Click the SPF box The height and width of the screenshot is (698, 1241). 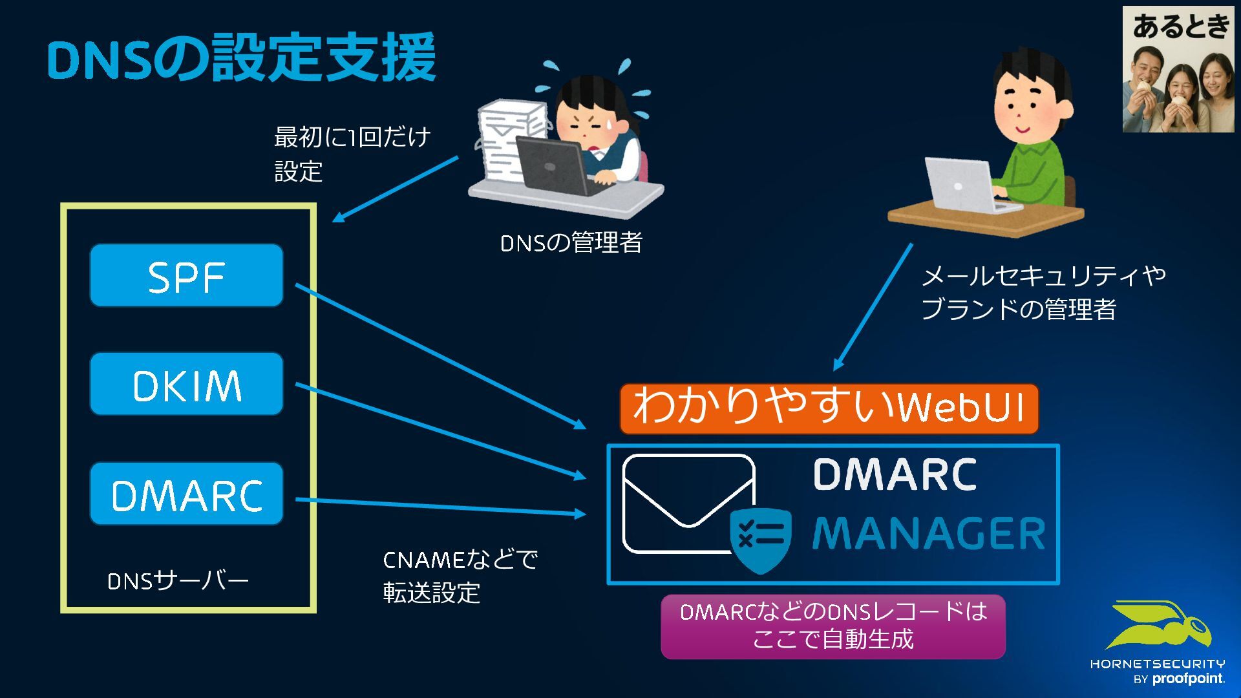pyautogui.click(x=186, y=276)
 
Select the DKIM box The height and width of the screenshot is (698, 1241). pyautogui.click(x=186, y=385)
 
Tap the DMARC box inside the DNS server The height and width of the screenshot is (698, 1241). pyautogui.click(x=186, y=494)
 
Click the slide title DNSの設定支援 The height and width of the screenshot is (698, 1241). pyautogui.click(x=242, y=58)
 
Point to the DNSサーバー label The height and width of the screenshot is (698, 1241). pyautogui.click(x=178, y=581)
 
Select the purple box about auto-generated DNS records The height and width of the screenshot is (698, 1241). pyautogui.click(x=833, y=626)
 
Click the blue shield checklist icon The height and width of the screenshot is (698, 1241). pyautogui.click(x=761, y=539)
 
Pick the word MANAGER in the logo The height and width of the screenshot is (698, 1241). pyautogui.click(x=928, y=534)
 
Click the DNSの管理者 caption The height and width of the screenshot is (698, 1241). pyautogui.click(x=571, y=243)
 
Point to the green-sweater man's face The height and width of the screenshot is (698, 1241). pyautogui.click(x=1028, y=107)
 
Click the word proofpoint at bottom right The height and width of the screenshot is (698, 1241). pyautogui.click(x=1188, y=679)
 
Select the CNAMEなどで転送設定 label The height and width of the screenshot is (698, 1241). pyautogui.click(x=459, y=576)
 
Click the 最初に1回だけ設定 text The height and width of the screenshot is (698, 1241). pyautogui.click(x=352, y=154)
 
